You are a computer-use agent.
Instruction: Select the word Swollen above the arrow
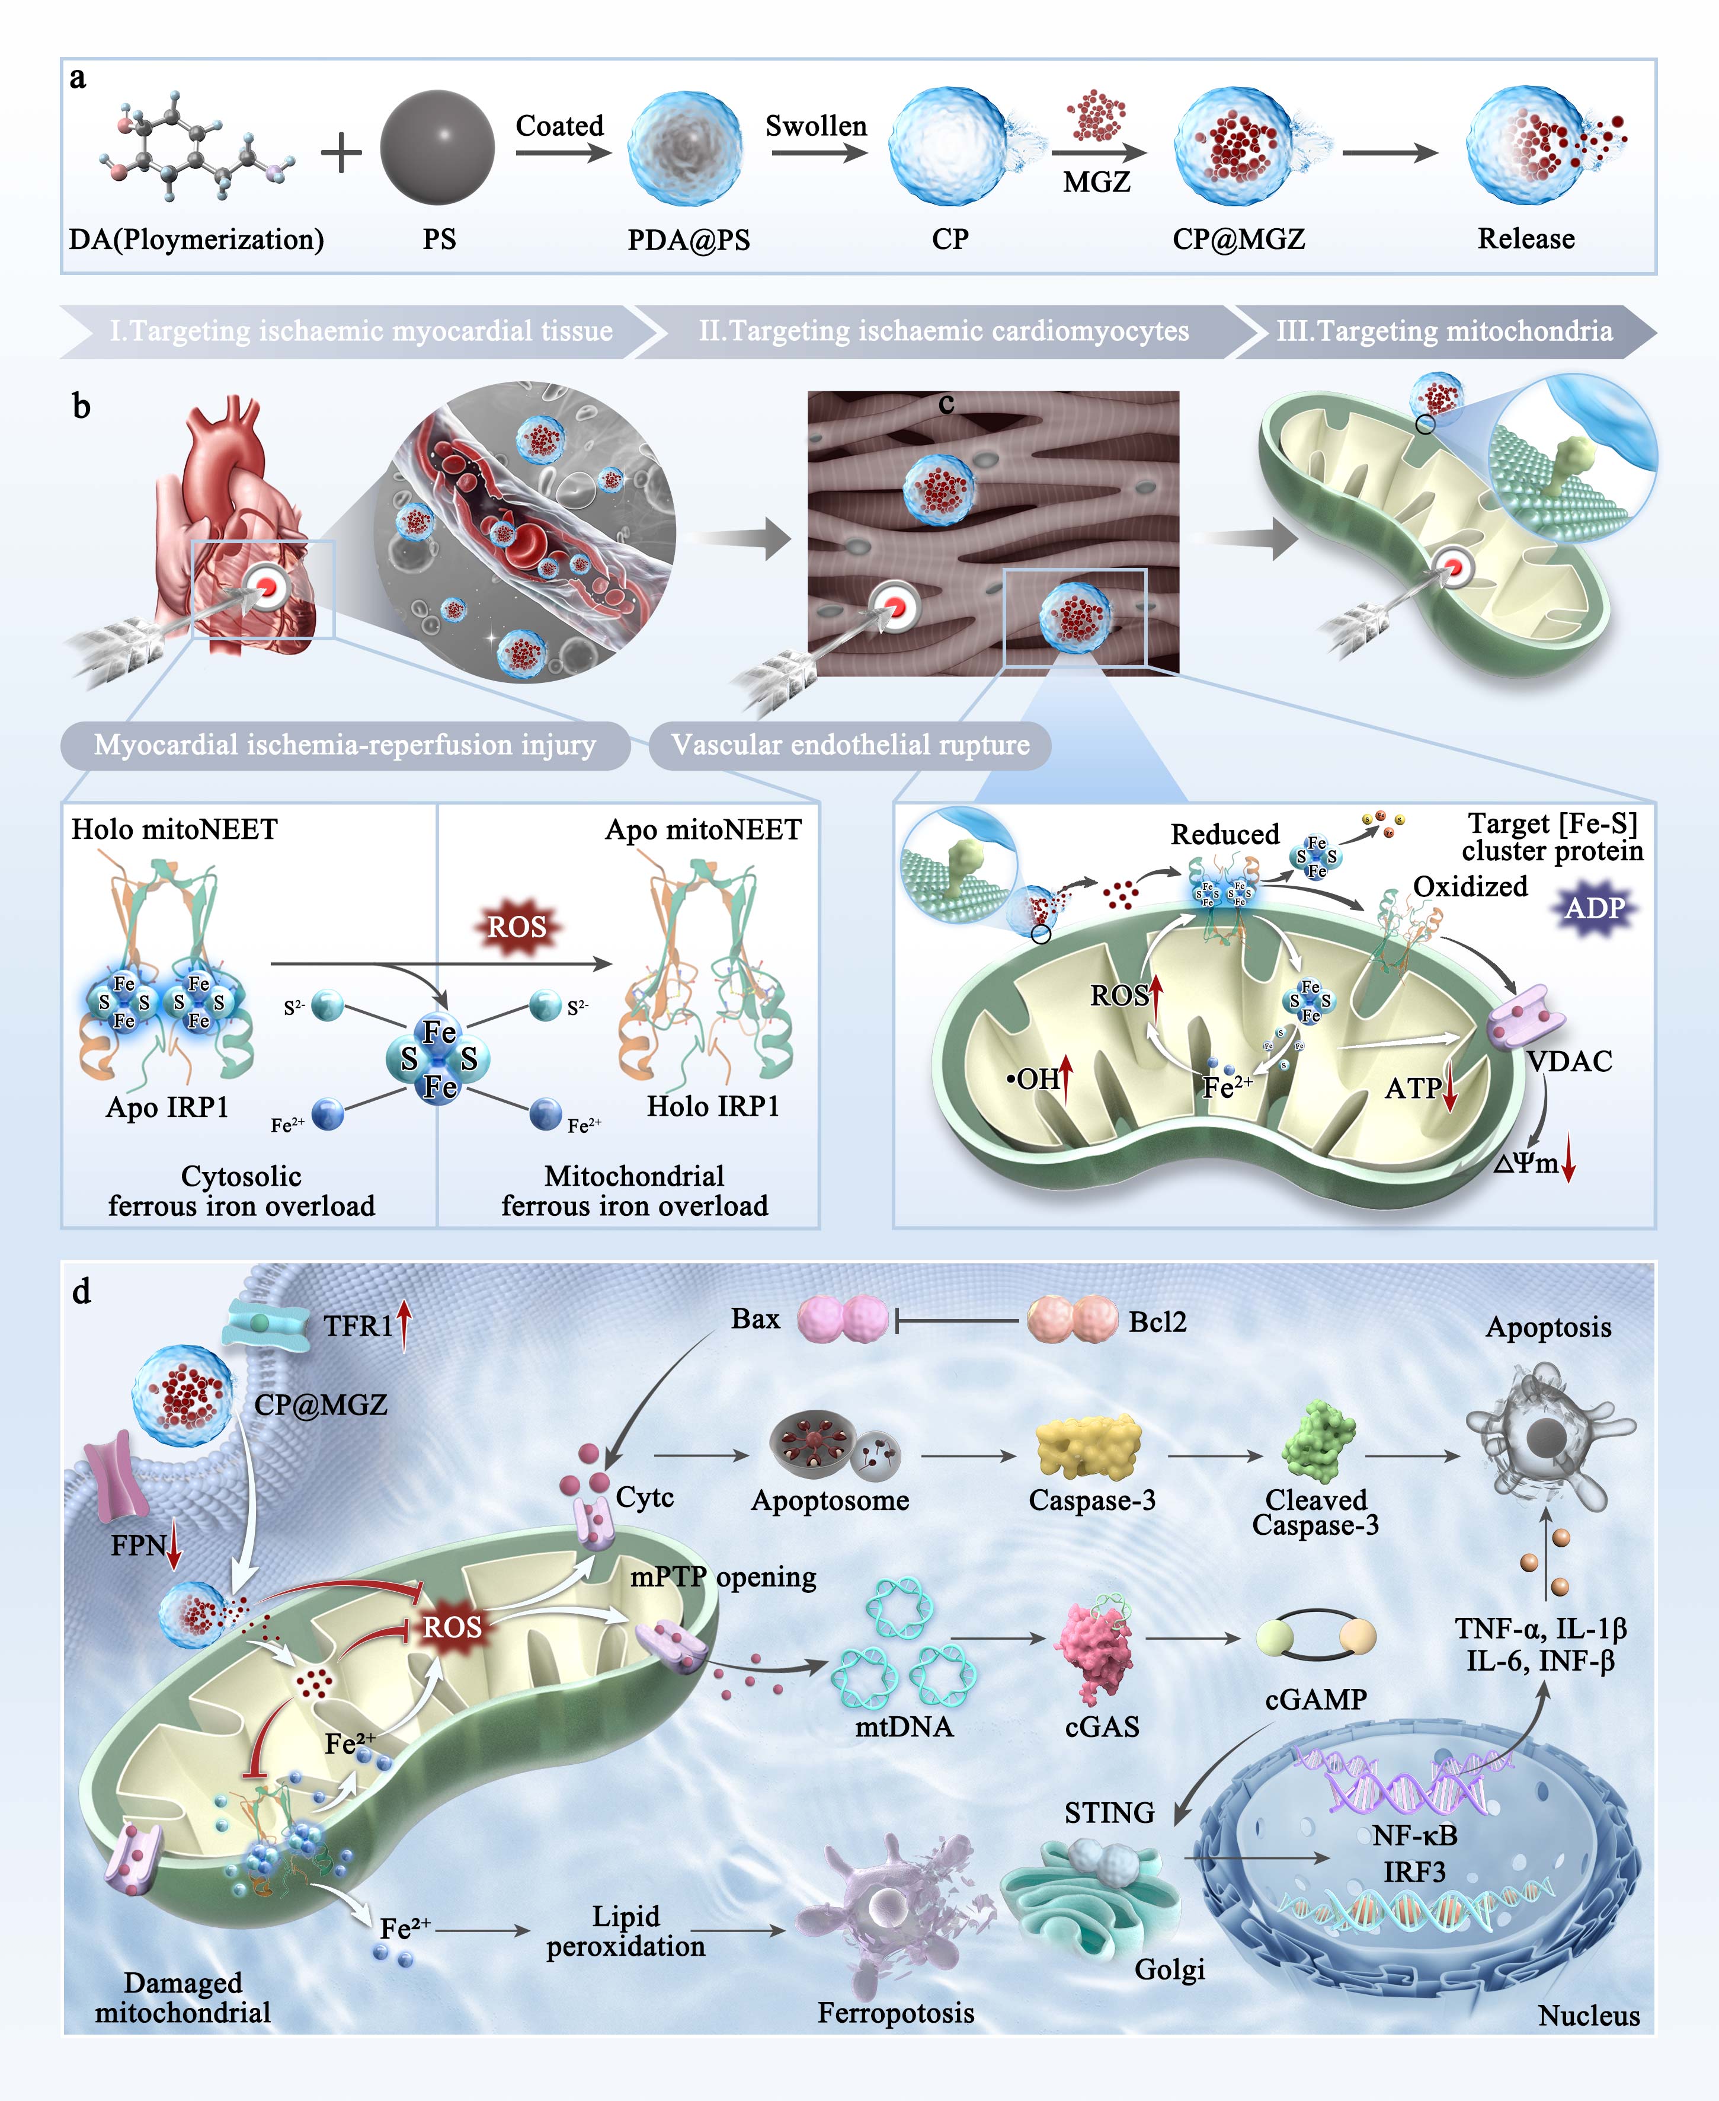816,126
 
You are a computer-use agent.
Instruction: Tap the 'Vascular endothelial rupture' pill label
850,745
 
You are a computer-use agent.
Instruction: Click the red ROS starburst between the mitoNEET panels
517,927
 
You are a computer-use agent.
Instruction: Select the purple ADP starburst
1594,908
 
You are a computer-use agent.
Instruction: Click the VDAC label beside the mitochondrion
1568,1061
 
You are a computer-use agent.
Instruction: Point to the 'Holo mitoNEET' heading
174,829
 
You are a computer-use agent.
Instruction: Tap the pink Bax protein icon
843,1320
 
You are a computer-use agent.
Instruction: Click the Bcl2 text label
1157,1321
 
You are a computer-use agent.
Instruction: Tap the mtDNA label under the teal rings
903,1726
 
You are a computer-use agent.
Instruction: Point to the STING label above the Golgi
1109,1813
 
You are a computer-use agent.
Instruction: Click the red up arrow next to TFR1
404,1324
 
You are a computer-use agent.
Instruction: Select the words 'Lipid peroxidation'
626,1931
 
